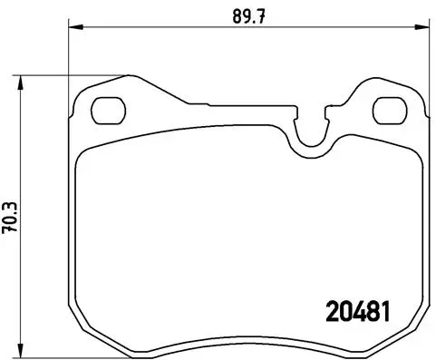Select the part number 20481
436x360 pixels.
pos(357,310)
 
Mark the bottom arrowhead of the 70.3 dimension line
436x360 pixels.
pos(25,353)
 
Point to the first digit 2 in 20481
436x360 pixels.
pos(332,310)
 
